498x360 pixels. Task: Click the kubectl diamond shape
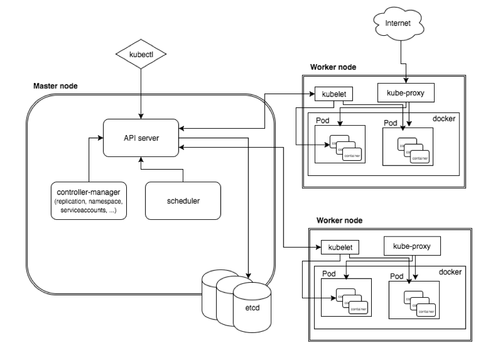[141, 55]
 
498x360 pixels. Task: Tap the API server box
[141, 137]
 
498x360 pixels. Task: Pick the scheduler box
[183, 200]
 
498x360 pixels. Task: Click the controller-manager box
[88, 200]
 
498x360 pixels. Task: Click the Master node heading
[56, 86]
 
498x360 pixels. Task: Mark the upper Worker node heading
[333, 67]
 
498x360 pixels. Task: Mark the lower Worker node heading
[341, 220]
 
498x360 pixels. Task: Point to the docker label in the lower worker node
[451, 272]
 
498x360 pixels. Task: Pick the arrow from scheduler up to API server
[161, 170]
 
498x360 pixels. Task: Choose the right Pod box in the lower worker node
[413, 298]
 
